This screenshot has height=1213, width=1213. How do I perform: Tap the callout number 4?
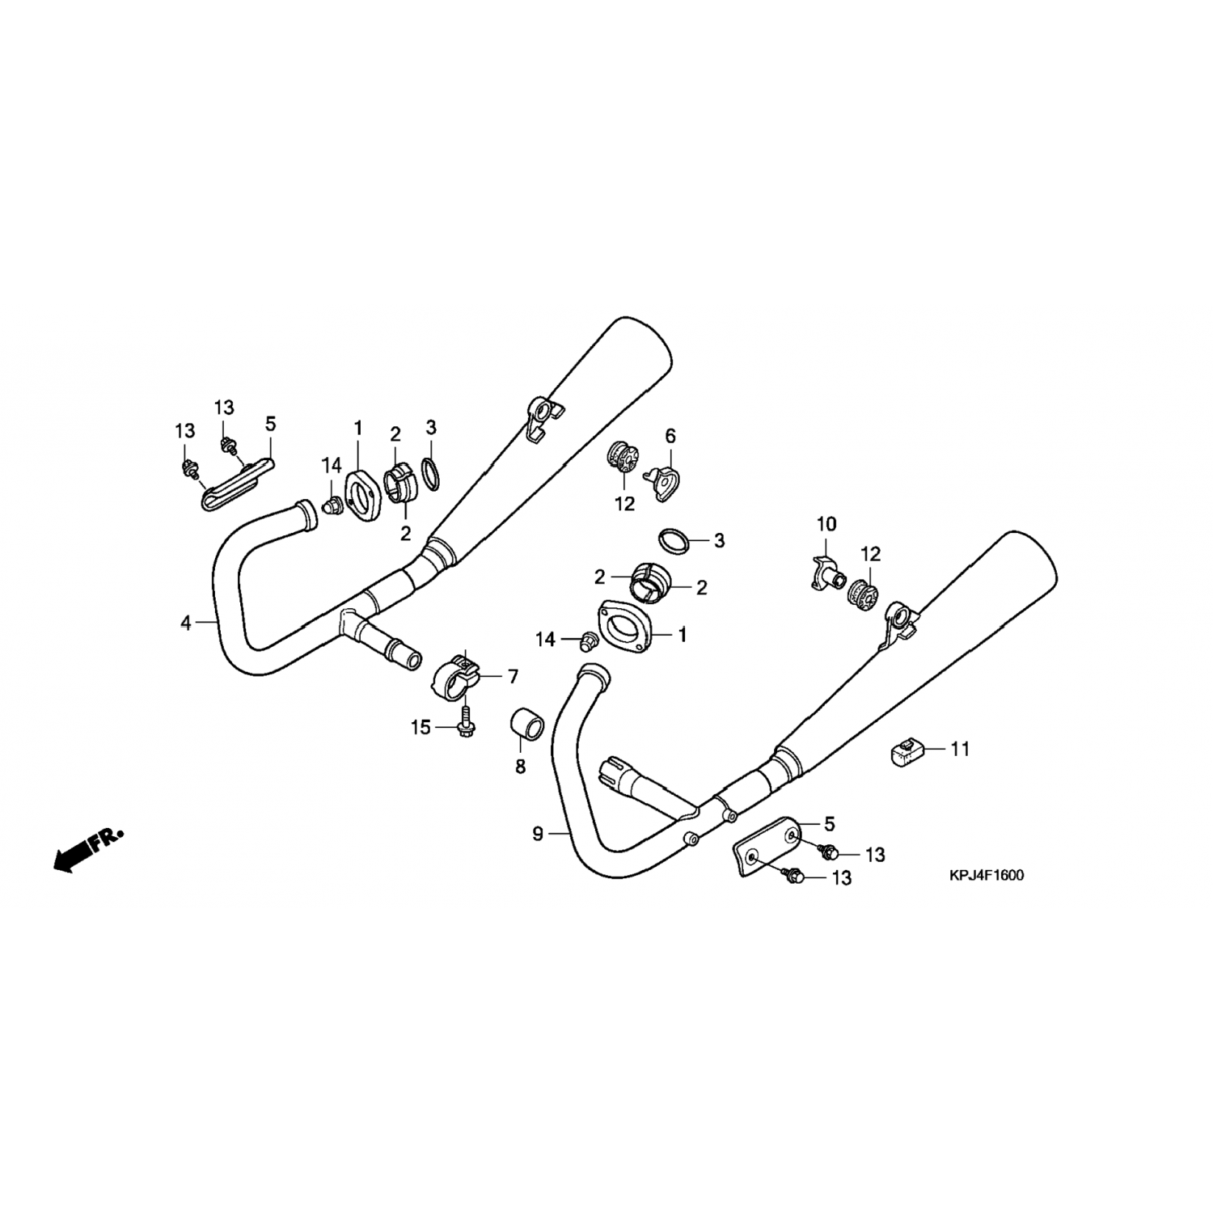pyautogui.click(x=186, y=623)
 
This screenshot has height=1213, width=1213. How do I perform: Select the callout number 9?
pyautogui.click(x=539, y=834)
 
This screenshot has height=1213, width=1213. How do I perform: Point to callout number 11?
pyautogui.click(x=959, y=749)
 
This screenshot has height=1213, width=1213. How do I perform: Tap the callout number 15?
pyautogui.click(x=421, y=728)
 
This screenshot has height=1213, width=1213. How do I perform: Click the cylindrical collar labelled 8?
pyautogui.click(x=525, y=724)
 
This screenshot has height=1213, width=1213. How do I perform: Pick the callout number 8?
pyautogui.click(x=520, y=765)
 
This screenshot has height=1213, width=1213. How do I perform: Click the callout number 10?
pyautogui.click(x=826, y=524)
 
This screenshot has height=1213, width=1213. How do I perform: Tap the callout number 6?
pyautogui.click(x=670, y=437)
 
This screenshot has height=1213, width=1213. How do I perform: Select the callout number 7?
pyautogui.click(x=513, y=676)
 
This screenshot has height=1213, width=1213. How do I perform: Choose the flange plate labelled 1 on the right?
pyautogui.click(x=624, y=625)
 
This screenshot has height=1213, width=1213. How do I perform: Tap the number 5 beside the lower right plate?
pyautogui.click(x=829, y=824)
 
